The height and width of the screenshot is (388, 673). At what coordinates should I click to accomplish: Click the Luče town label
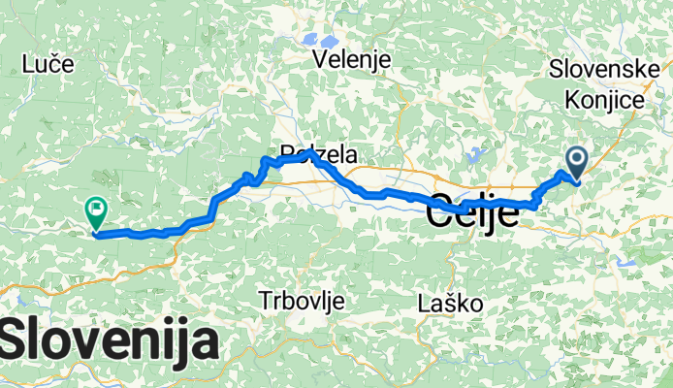pyautogui.click(x=48, y=65)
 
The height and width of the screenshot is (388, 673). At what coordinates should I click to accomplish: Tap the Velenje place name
pyautogui.click(x=352, y=60)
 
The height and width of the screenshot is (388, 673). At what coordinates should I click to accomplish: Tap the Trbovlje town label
pyautogui.click(x=303, y=302)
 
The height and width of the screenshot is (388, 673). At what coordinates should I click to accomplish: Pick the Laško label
pyautogui.click(x=450, y=304)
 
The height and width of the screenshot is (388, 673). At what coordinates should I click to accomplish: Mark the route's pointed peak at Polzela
pyautogui.click(x=308, y=152)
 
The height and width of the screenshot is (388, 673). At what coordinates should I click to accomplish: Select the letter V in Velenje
pyautogui.click(x=321, y=60)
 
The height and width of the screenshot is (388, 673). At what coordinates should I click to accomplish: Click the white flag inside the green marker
pyautogui.click(x=97, y=206)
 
